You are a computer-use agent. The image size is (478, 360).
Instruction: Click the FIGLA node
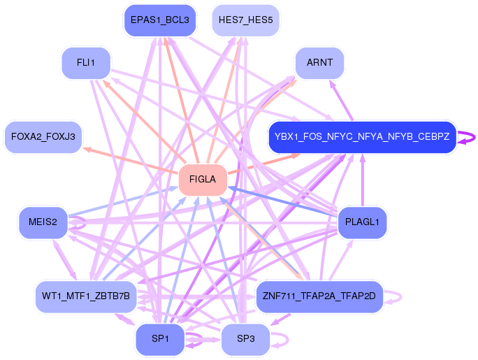coord(203,180)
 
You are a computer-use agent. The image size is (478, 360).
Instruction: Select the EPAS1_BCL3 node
coord(159,20)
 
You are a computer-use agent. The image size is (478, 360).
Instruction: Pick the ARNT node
coord(319,63)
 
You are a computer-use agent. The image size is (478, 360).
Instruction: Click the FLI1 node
coord(86,63)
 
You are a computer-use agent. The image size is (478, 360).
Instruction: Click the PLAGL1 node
coord(362,222)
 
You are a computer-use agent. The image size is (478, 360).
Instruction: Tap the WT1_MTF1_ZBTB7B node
coord(85,296)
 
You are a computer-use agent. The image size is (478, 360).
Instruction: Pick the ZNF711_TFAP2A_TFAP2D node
coord(319,296)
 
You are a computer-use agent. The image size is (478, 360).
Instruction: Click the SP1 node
coord(159,339)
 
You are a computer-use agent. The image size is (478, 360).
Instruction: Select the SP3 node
coord(245,339)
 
